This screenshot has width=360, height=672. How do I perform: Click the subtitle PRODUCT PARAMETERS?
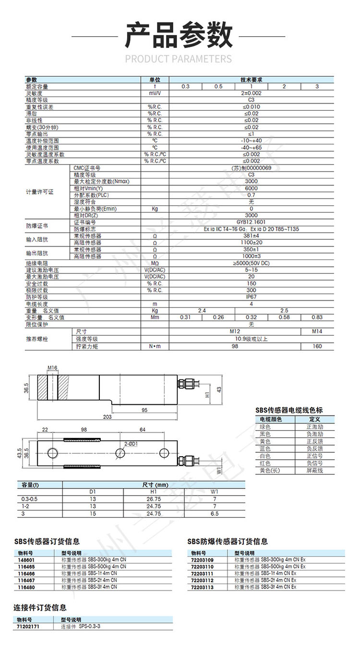pos(179,59)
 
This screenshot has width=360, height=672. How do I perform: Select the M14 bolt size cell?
pos(317,331)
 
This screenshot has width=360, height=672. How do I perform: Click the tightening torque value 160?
pos(317,346)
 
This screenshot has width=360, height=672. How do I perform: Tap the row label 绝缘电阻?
pos(37,263)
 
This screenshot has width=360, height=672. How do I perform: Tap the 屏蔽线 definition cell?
pos(314,471)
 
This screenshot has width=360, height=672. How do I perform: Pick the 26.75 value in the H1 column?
pos(154,499)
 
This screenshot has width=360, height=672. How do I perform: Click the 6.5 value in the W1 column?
pos(215,513)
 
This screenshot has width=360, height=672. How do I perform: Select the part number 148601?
pos(26,559)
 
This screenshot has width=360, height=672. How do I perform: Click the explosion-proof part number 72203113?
pos(202,587)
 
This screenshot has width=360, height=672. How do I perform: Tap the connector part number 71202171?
pos(28,626)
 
